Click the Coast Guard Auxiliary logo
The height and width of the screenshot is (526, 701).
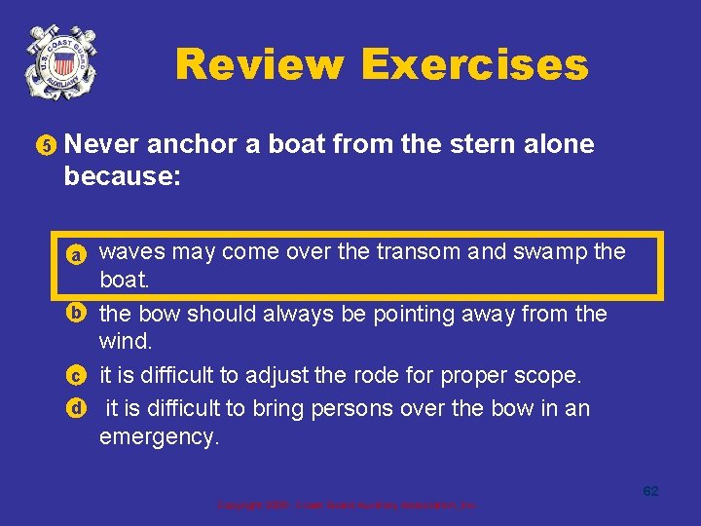[x=62, y=61]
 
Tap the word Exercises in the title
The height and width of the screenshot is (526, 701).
[x=474, y=65]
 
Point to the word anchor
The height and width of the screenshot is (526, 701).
[x=189, y=144]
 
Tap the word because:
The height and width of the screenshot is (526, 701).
[x=122, y=176]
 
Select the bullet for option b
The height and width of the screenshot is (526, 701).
[x=75, y=314]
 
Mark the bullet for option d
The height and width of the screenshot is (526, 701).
[x=75, y=408]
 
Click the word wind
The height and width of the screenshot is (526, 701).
[x=125, y=343]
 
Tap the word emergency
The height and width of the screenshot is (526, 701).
[x=160, y=437]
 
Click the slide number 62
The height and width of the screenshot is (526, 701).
[x=650, y=491]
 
